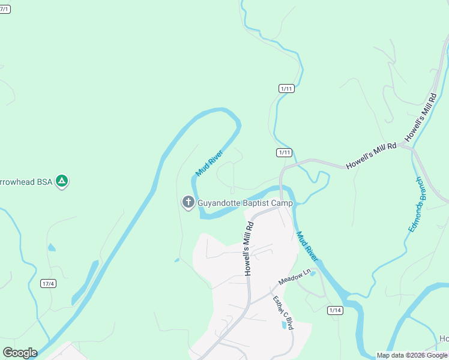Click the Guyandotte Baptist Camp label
tap(245, 203)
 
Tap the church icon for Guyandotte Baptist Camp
tap(188, 203)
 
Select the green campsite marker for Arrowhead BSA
tap(61, 180)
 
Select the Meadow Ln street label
tap(295, 277)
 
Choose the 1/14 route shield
tap(335, 310)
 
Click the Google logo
tap(20, 353)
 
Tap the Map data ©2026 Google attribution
tap(412, 355)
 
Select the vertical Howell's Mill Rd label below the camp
tap(249, 248)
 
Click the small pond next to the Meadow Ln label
tap(312, 274)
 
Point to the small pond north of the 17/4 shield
tap(51, 247)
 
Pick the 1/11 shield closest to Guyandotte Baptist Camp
tap(285, 152)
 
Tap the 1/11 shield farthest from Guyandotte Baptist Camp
tap(286, 88)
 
